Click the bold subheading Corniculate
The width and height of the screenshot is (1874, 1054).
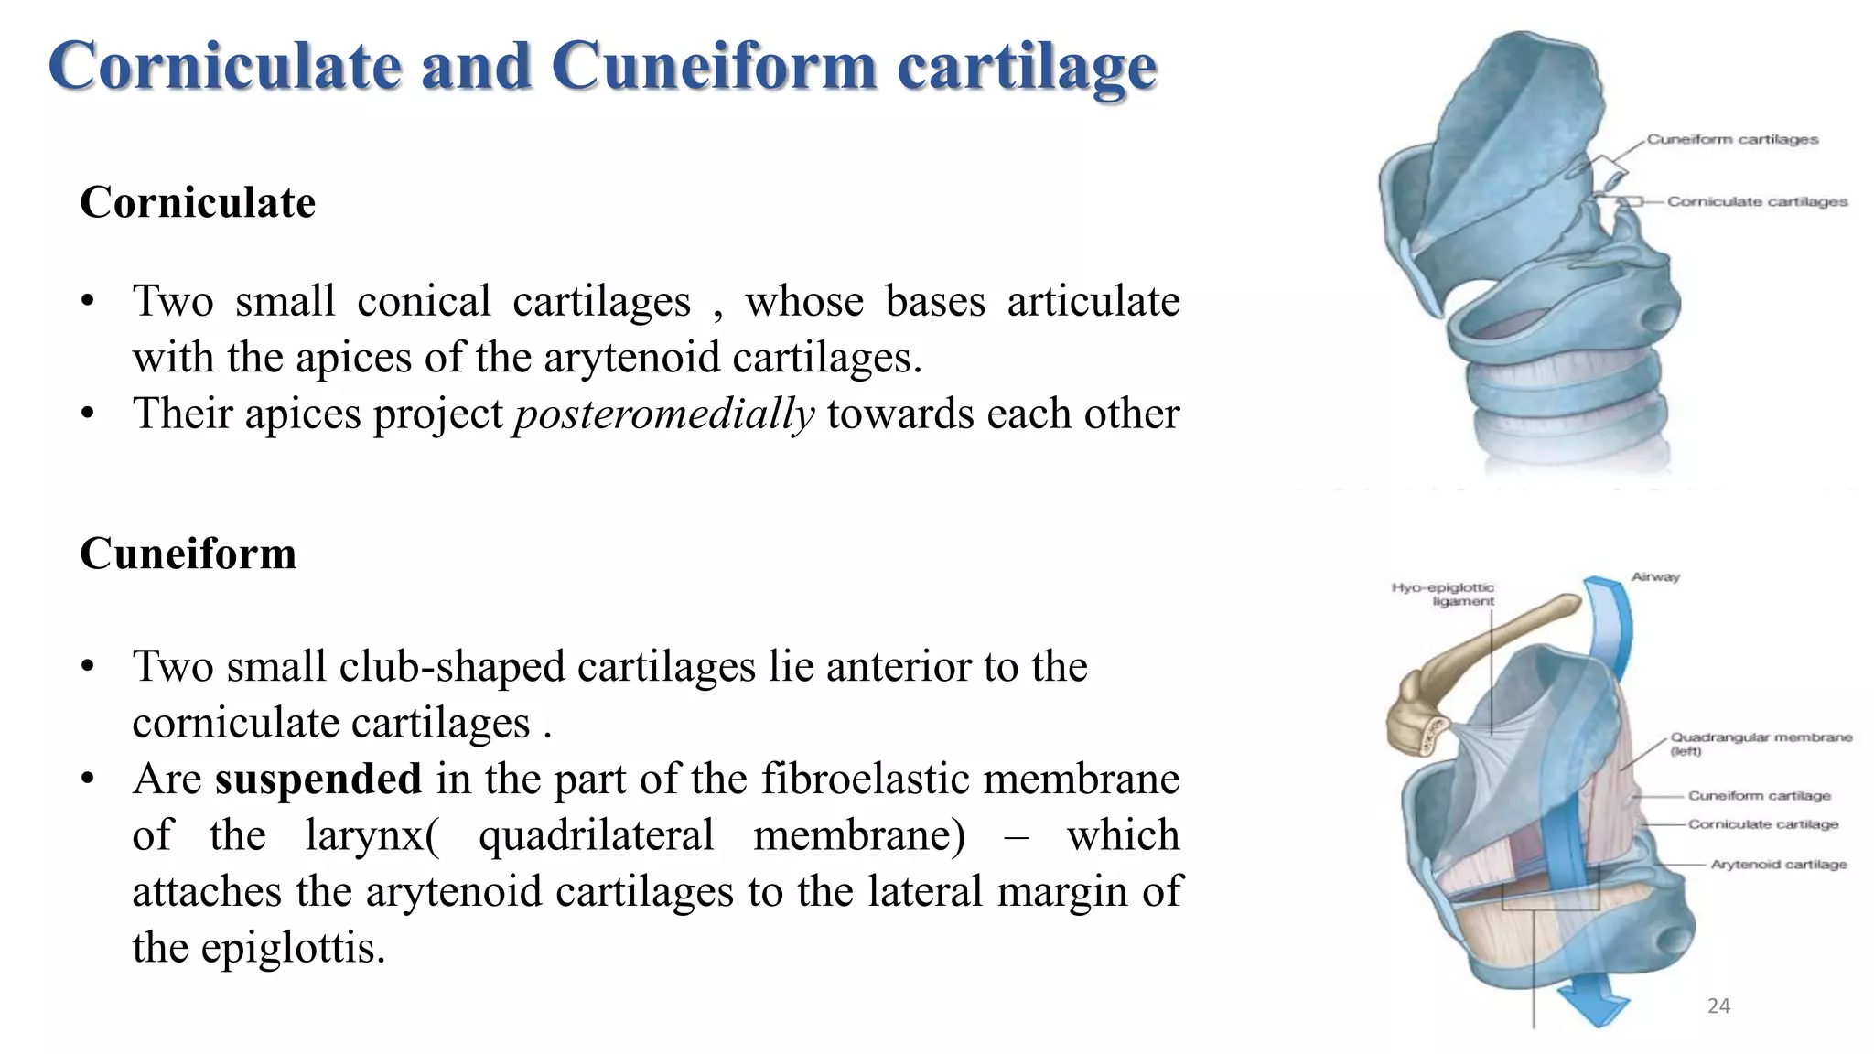[x=198, y=202]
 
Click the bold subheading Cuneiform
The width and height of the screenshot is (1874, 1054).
[x=188, y=554]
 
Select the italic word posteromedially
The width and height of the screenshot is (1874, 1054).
[x=663, y=414]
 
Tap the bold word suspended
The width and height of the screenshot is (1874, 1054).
[x=318, y=780]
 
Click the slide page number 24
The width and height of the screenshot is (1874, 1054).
[x=1718, y=1006]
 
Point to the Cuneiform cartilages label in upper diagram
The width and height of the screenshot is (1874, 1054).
[x=1732, y=140]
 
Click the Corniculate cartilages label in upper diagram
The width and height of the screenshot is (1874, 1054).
[x=1757, y=201]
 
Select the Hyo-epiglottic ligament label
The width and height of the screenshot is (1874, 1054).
[x=1444, y=594]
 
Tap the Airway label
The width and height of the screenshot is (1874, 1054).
[x=1655, y=577]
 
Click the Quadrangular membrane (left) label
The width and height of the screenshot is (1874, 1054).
[x=1761, y=743]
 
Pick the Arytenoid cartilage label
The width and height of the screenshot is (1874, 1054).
[x=1778, y=865]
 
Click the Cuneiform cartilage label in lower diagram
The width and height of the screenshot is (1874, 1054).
[x=1759, y=796]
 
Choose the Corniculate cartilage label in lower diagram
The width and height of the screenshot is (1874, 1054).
[x=1762, y=824]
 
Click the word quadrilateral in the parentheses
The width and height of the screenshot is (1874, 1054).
[x=596, y=835]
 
